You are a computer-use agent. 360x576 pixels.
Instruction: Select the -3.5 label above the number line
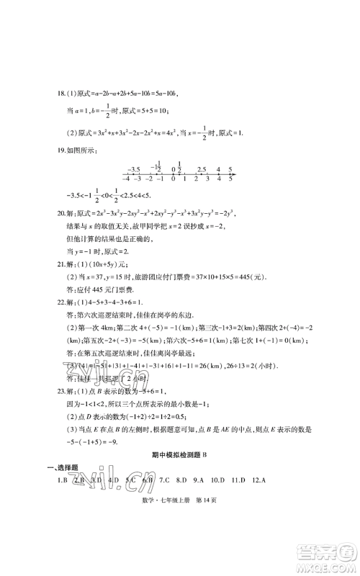click(x=130, y=168)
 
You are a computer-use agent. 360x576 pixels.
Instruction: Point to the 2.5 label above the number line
click(x=202, y=168)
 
